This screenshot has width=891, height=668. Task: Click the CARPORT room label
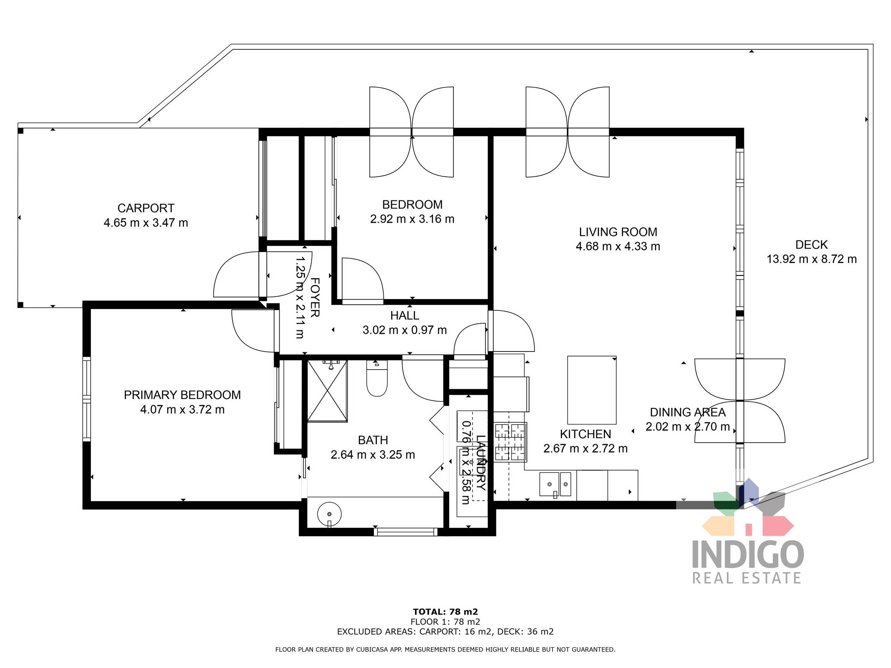pyautogui.click(x=146, y=208)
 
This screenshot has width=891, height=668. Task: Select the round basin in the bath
pyautogui.click(x=329, y=514)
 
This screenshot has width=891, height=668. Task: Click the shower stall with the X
pyautogui.click(x=327, y=391)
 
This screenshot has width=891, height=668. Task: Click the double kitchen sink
pyautogui.click(x=555, y=485)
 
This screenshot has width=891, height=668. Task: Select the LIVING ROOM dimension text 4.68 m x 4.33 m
pyautogui.click(x=618, y=246)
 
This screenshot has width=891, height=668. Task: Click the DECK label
pyautogui.click(x=811, y=245)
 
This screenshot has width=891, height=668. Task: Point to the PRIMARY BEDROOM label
pyautogui.click(x=182, y=395)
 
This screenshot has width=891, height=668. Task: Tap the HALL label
pyautogui.click(x=404, y=316)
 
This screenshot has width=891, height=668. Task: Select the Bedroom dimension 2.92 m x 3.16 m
pyautogui.click(x=412, y=219)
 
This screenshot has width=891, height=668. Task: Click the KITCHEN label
pyautogui.click(x=585, y=434)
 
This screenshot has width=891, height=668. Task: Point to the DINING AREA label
pyautogui.click(x=687, y=412)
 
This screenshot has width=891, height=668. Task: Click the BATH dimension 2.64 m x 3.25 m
pyautogui.click(x=373, y=455)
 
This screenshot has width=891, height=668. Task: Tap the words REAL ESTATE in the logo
pyautogui.click(x=746, y=578)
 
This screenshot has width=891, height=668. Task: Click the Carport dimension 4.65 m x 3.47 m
pyautogui.click(x=146, y=223)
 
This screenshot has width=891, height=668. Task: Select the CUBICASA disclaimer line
pyautogui.click(x=445, y=650)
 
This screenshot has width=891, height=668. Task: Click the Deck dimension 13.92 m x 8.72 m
pyautogui.click(x=811, y=259)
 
